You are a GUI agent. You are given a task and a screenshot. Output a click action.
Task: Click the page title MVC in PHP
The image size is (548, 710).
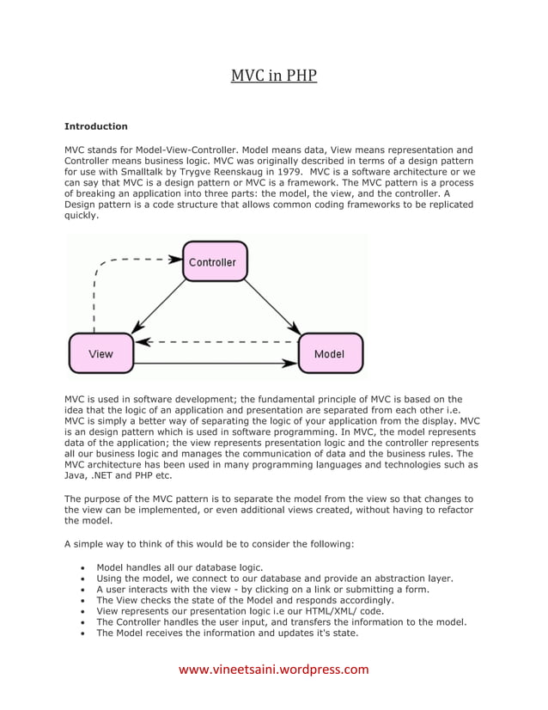pyautogui.click(x=273, y=77)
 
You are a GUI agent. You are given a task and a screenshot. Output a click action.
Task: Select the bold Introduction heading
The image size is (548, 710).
pyautogui.click(x=96, y=126)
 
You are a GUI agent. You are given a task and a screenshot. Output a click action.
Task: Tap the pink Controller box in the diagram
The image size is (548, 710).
pyautogui.click(x=214, y=262)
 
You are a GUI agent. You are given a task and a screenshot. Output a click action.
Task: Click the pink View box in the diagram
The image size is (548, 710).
pyautogui.click(x=100, y=353)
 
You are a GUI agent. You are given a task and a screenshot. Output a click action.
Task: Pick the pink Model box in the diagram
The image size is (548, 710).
pyautogui.click(x=330, y=353)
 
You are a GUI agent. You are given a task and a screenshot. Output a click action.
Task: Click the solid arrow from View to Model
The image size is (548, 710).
pyautogui.click(x=215, y=364)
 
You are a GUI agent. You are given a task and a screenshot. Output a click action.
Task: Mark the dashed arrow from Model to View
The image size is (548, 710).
pyautogui.click(x=215, y=341)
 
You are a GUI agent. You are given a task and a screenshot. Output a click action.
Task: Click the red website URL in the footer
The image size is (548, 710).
pyautogui.click(x=273, y=670)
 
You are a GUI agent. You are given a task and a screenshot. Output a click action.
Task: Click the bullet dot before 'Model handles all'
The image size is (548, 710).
pyautogui.click(x=81, y=568)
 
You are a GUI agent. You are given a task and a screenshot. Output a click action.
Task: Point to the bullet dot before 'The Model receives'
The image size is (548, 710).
pyautogui.click(x=81, y=633)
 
